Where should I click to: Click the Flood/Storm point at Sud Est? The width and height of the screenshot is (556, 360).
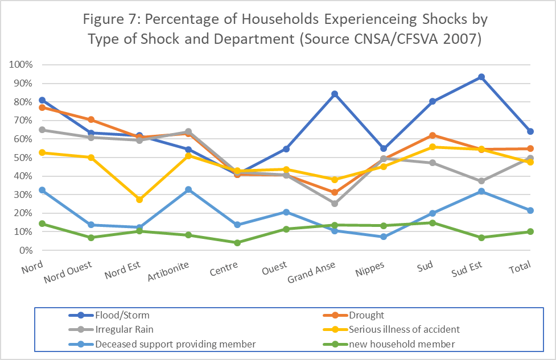click(481, 77)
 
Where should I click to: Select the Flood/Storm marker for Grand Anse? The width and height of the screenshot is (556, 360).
click(335, 94)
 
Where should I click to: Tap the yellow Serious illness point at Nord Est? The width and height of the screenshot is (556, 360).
click(139, 200)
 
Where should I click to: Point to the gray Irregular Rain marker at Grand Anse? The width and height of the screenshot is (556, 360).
click(335, 204)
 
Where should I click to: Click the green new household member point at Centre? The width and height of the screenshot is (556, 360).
click(237, 243)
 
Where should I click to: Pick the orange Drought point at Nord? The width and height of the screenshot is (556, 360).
click(42, 107)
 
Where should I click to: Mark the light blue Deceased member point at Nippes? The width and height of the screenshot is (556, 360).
click(384, 237)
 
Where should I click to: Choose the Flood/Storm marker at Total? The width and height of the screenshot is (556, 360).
click(530, 131)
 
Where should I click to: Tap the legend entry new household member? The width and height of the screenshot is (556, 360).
click(386, 344)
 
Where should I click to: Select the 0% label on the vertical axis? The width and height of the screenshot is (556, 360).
click(25, 250)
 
